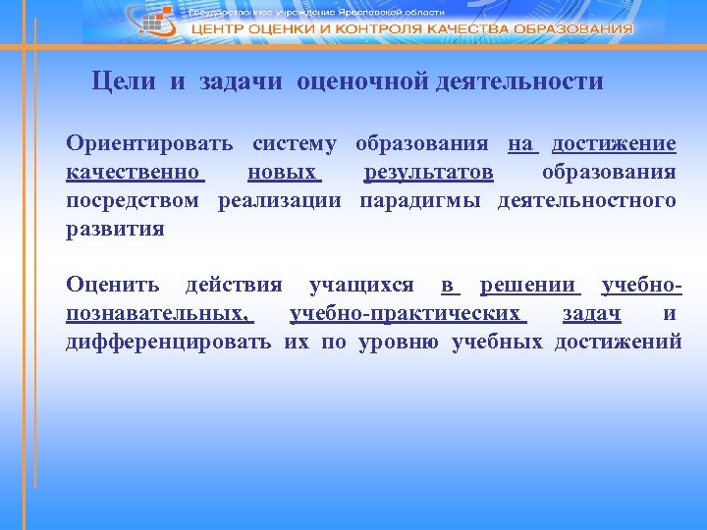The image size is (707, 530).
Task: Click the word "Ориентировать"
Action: coord(149,144)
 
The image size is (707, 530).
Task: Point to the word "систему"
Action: coord(294,144)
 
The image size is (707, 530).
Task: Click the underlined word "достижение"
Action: coord(614,144)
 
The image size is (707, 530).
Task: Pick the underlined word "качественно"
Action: coord(134,173)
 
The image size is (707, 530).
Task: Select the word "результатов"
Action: coord(428,173)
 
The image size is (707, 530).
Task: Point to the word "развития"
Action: coord(115,230)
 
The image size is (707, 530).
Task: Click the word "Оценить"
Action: coord(112,286)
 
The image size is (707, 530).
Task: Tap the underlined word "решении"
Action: coord(527,286)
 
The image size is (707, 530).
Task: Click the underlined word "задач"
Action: coord(591,314)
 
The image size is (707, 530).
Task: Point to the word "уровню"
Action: coord(399,343)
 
